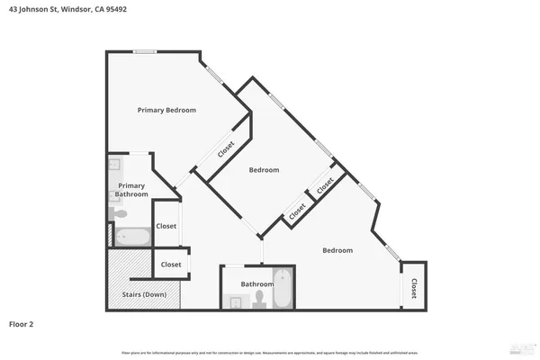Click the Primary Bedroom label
point(166,110)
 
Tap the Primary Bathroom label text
point(131,190)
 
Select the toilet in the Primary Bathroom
point(119,214)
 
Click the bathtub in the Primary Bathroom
point(133,237)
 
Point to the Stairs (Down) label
point(143,294)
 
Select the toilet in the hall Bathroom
point(259,295)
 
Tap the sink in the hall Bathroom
point(235,302)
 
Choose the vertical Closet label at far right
point(414,288)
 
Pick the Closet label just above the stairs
point(170,265)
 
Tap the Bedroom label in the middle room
point(264,169)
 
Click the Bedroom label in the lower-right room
point(337,250)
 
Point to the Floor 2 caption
point(22,323)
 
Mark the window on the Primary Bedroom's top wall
point(145,51)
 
